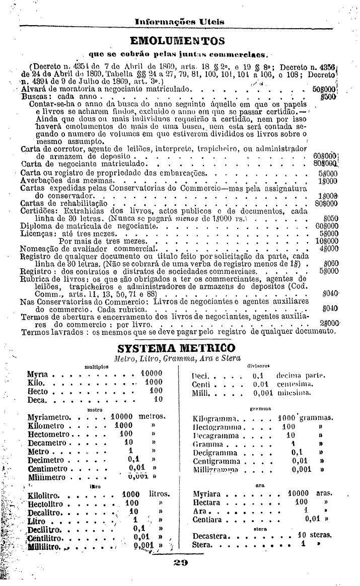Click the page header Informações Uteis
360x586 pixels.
coord(179,22)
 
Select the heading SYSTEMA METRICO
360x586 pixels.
coord(176,348)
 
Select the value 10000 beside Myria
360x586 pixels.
coord(152,374)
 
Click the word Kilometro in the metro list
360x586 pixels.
coord(46,425)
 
